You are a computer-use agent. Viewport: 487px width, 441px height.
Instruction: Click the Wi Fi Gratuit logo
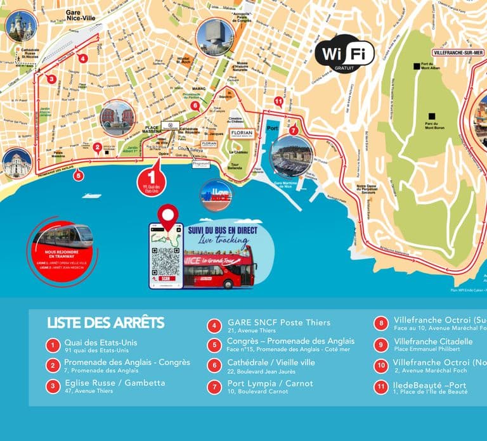[345, 54]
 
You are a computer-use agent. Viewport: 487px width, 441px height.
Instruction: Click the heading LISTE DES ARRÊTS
[105, 323]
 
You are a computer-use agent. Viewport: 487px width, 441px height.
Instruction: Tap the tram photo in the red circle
[62, 237]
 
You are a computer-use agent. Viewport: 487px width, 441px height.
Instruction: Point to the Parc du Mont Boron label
[431, 123]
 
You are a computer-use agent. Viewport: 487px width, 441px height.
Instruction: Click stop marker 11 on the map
[278, 101]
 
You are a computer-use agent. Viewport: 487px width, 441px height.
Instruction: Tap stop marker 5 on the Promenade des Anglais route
[78, 176]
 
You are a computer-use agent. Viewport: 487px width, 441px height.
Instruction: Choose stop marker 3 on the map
[52, 80]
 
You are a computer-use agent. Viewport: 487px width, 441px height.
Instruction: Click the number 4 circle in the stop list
[215, 327]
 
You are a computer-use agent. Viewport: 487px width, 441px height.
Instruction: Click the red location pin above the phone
[167, 216]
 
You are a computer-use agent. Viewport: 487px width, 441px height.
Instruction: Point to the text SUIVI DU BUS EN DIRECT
[223, 231]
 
